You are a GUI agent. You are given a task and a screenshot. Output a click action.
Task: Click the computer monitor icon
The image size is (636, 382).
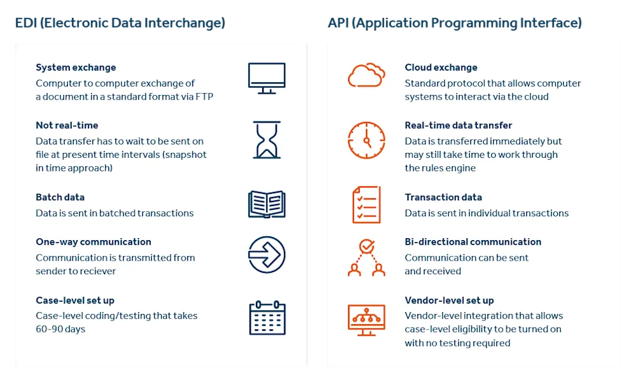[x=267, y=78]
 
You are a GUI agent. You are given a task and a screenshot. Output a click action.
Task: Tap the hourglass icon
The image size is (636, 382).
[x=267, y=139]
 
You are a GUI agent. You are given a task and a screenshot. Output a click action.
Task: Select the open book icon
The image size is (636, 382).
[x=267, y=204]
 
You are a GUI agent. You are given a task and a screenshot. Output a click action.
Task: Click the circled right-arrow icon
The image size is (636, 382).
[x=267, y=255]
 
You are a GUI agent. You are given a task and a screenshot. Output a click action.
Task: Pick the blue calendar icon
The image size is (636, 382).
[x=267, y=318]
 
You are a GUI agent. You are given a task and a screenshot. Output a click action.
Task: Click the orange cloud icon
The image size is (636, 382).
[x=366, y=75]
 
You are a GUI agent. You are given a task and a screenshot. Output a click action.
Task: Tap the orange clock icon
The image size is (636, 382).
[x=366, y=140]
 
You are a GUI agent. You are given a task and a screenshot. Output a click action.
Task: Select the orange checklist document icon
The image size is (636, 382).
[x=366, y=205]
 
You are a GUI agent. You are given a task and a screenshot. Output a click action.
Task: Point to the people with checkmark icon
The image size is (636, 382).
[x=366, y=257]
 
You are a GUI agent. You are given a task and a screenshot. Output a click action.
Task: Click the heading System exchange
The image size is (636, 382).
[x=76, y=67]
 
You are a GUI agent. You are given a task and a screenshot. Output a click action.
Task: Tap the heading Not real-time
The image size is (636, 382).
[x=67, y=125]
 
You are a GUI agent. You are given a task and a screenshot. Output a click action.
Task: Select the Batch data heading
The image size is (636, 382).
[x=60, y=197]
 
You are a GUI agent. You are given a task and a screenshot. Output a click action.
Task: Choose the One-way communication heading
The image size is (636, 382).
[x=94, y=242]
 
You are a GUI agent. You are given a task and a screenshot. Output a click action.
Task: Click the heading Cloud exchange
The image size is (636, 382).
[x=441, y=67]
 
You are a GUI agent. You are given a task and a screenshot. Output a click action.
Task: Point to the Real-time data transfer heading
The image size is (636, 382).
[x=458, y=125]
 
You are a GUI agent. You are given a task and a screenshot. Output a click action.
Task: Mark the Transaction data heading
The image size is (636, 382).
[x=443, y=197]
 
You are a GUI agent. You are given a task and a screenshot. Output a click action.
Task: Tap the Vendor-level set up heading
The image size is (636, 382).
[x=449, y=300]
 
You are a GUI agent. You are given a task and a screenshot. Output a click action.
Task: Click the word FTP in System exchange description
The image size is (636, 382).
[x=205, y=97]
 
